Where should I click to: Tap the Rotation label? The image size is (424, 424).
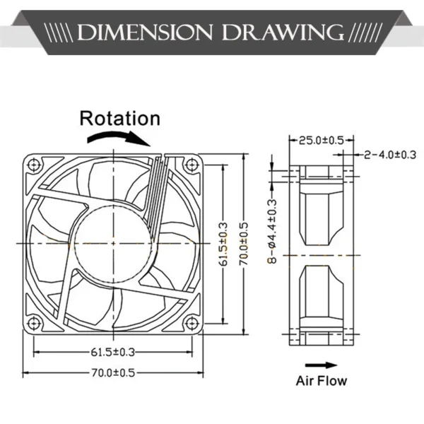[x=119, y=118]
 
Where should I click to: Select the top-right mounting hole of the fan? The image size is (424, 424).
[x=189, y=166]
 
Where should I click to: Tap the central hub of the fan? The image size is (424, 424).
[x=111, y=243]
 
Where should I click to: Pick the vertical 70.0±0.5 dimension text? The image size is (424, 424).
[x=244, y=244]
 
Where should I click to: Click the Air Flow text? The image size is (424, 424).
[x=322, y=381]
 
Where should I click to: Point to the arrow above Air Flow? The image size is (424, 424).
[x=322, y=365]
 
